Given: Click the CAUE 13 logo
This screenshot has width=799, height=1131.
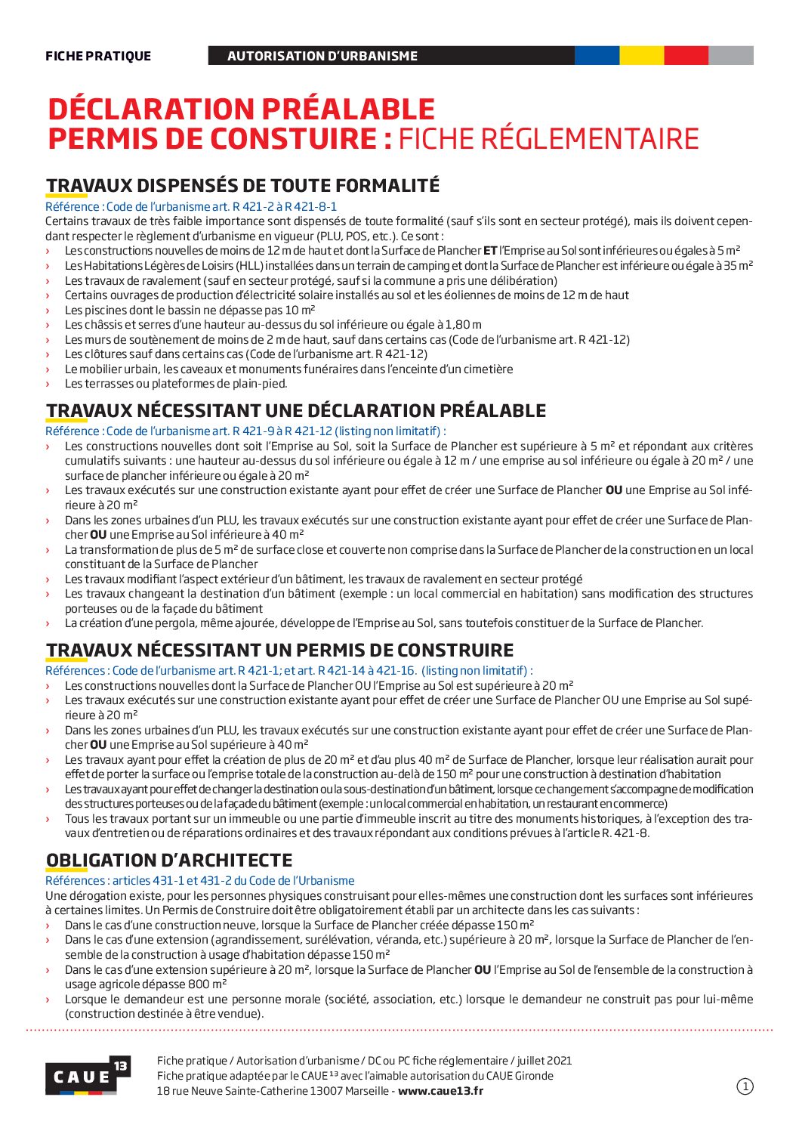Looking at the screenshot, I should pyautogui.click(x=87, y=1074).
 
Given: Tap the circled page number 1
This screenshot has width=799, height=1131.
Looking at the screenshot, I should pyautogui.click(x=745, y=1086).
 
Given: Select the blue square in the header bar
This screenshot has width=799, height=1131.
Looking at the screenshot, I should pyautogui.click(x=597, y=55).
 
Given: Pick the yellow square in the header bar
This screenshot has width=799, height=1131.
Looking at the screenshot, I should pyautogui.click(x=641, y=55).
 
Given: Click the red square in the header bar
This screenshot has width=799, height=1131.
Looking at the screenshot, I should pyautogui.click(x=686, y=55).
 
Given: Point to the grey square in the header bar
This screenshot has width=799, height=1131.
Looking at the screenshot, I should pyautogui.click(x=730, y=55).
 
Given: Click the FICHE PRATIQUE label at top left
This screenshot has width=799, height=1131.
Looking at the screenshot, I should pyautogui.click(x=98, y=56).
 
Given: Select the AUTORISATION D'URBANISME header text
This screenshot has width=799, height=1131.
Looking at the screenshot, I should pyautogui.click(x=322, y=56).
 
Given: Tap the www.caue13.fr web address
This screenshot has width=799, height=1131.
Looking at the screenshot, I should pyautogui.click(x=440, y=1090).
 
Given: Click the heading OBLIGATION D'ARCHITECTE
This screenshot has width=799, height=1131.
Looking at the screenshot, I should pyautogui.click(x=169, y=860).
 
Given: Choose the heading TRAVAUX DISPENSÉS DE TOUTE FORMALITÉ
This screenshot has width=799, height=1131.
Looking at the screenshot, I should pyautogui.click(x=242, y=185).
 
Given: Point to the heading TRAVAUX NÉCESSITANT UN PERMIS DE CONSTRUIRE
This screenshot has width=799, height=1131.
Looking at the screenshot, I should pyautogui.click(x=279, y=650).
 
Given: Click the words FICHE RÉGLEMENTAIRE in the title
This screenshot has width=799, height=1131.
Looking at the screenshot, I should pyautogui.click(x=548, y=139).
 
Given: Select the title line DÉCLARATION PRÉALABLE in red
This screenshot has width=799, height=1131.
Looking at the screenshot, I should pyautogui.click(x=242, y=109).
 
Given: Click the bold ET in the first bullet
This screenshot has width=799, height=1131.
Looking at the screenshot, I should pyautogui.click(x=490, y=251).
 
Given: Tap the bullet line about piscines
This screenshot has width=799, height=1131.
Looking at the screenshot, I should pyautogui.click(x=190, y=310).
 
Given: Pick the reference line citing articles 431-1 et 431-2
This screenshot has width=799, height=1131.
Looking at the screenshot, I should pyautogui.click(x=199, y=880).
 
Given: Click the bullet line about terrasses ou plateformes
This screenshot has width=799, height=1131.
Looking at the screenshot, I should pyautogui.click(x=176, y=384).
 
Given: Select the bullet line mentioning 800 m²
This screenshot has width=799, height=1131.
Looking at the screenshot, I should pyautogui.click(x=408, y=977).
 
